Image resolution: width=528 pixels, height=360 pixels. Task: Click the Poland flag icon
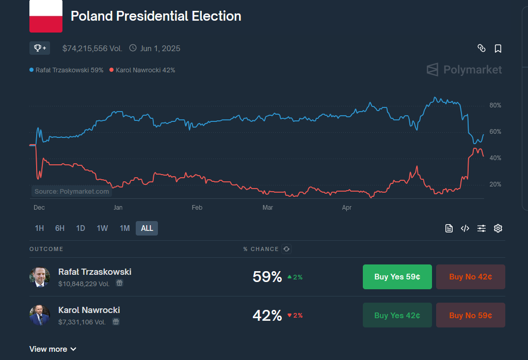tap(46, 17)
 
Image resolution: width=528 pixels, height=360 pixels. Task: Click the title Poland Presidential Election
tap(156, 16)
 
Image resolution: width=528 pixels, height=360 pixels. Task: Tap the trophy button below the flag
tap(40, 48)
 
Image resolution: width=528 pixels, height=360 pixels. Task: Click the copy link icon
tap(482, 49)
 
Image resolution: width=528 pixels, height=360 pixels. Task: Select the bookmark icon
tap(498, 49)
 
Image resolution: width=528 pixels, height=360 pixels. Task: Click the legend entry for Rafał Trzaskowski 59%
tap(67, 70)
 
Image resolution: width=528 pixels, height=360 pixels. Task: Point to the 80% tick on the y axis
tap(495, 105)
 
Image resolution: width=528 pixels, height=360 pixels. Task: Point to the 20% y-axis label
tap(495, 184)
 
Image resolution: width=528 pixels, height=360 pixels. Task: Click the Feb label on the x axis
tap(197, 208)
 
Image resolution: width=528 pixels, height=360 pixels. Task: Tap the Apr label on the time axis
tap(347, 208)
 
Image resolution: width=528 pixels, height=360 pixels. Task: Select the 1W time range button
tap(102, 228)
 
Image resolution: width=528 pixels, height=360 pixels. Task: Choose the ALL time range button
tap(147, 228)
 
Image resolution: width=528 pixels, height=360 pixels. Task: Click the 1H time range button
tap(39, 228)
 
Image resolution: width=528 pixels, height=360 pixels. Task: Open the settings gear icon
tap(498, 228)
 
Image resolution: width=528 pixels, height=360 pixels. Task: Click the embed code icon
tap(465, 228)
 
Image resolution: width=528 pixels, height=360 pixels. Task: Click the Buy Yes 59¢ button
tap(397, 277)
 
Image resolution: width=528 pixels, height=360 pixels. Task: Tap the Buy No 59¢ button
tap(470, 315)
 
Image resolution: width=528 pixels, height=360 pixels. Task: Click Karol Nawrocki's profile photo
tap(40, 315)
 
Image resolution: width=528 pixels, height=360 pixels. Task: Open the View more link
tap(53, 349)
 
